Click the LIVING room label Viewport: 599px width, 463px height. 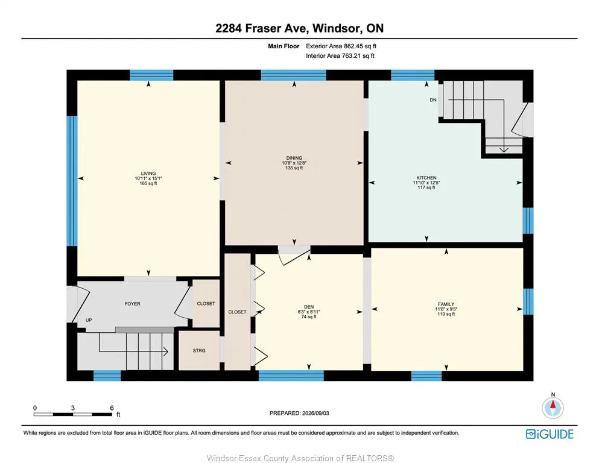pos(148,173)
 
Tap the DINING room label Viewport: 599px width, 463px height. pos(294,158)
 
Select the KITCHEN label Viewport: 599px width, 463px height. pos(426,178)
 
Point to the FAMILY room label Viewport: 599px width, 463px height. pos(446,304)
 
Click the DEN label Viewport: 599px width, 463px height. pos(309,307)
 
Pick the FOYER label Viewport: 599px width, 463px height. pos(132,304)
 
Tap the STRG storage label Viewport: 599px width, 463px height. pos(199,350)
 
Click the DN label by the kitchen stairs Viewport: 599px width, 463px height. pos(433,100)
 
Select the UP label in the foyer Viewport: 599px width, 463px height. pos(89,320)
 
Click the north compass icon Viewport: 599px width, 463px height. pos(553,408)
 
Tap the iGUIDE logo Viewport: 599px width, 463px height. pos(550,434)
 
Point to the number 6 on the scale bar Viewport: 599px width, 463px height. pos(112,408)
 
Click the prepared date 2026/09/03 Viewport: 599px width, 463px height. pos(315,413)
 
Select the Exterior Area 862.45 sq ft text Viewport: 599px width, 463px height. pos(341,46)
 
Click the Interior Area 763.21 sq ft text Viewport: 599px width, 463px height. pos(340,55)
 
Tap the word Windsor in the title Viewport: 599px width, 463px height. pos(336,28)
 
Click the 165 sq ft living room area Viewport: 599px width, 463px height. pos(148,183)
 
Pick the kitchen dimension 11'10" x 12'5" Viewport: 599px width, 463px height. pos(426,183)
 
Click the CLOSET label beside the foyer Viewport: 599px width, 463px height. pos(206,303)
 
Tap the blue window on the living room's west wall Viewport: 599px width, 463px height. pos(72,181)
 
